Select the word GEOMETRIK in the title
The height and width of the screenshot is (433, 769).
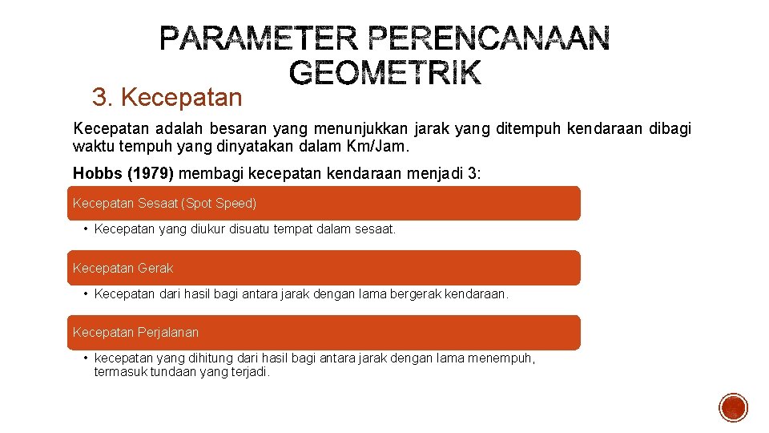pyautogui.click(x=385, y=73)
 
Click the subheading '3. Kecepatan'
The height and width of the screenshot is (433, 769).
pyautogui.click(x=167, y=98)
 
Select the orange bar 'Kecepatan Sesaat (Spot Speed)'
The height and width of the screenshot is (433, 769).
pyautogui.click(x=323, y=204)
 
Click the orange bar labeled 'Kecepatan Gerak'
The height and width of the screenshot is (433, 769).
pyautogui.click(x=323, y=268)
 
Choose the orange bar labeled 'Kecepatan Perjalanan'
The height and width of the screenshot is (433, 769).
pyautogui.click(x=323, y=332)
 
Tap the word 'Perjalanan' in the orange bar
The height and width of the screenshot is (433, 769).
pyautogui.click(x=168, y=332)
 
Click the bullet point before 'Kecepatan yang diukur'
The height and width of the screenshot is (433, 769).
pyautogui.click(x=85, y=229)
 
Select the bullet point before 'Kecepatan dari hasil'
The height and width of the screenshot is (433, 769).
pyautogui.click(x=85, y=293)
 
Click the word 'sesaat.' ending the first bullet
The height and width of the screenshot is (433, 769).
pyautogui.click(x=376, y=229)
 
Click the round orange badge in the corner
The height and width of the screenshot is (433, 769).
pyautogui.click(x=733, y=407)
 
